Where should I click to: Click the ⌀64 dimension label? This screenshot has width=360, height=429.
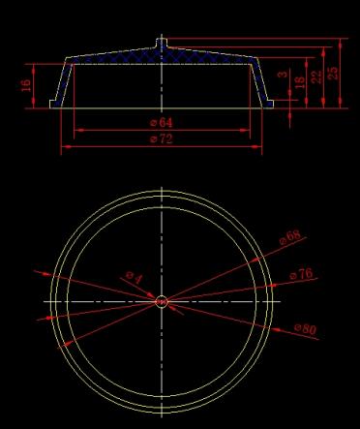(162, 123)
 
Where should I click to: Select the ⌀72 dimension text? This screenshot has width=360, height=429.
(162, 139)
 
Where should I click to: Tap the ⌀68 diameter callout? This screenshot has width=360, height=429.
(289, 237)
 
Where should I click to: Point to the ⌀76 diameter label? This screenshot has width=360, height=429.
(301, 274)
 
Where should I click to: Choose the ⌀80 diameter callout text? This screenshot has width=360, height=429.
(305, 329)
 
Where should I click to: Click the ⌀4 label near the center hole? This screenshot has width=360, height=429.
(135, 277)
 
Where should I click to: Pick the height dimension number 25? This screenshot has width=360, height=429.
(333, 74)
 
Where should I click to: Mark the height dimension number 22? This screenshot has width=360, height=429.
(316, 77)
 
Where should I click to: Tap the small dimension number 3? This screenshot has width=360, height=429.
(283, 75)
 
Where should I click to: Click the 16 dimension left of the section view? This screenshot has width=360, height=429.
(26, 85)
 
